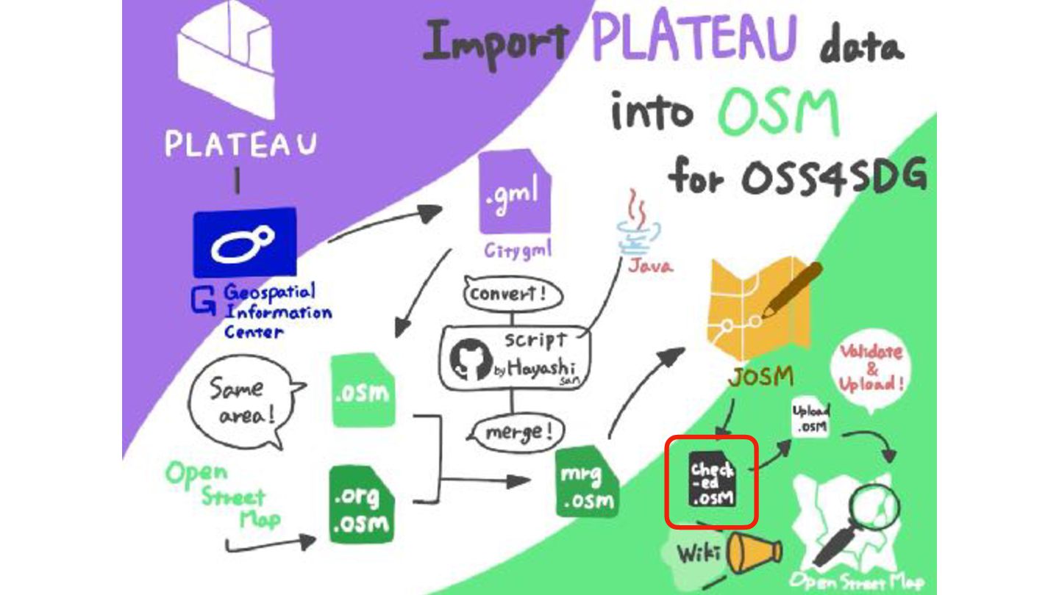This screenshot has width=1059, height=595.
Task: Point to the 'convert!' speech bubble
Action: click(x=512, y=295)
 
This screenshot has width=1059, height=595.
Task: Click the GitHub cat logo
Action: click(x=468, y=360)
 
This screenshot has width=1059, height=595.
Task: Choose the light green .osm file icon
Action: click(x=362, y=390)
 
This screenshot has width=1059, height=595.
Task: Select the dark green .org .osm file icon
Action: click(x=360, y=505)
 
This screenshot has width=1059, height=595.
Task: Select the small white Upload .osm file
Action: click(x=810, y=419)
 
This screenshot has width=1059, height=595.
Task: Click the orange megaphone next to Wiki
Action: click(x=754, y=552)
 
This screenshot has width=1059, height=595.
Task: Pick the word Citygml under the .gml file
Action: click(x=518, y=250)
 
